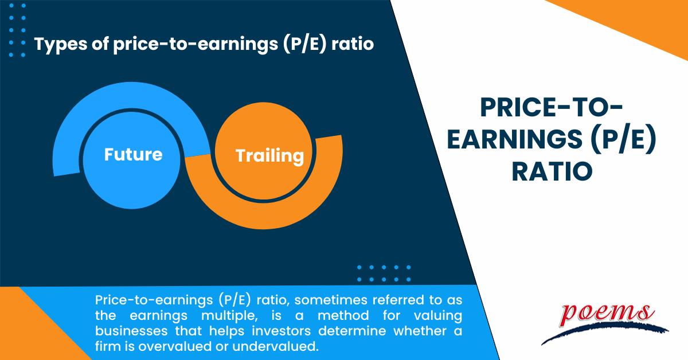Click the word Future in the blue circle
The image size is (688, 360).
(x=133, y=154)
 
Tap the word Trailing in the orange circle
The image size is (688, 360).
(x=269, y=156)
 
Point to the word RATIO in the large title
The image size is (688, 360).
(x=552, y=171)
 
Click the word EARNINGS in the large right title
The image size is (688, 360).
(x=514, y=139)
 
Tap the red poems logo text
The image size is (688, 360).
(x=607, y=315)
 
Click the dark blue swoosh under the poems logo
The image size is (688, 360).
(x=604, y=332)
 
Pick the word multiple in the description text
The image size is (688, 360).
(x=229, y=316)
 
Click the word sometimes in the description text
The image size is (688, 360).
(x=331, y=300)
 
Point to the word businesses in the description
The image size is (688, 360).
(x=131, y=331)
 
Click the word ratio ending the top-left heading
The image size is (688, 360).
(x=353, y=44)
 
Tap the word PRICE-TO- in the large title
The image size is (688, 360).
(x=552, y=108)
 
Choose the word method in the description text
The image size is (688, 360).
(x=343, y=315)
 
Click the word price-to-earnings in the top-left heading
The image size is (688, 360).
(x=196, y=45)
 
